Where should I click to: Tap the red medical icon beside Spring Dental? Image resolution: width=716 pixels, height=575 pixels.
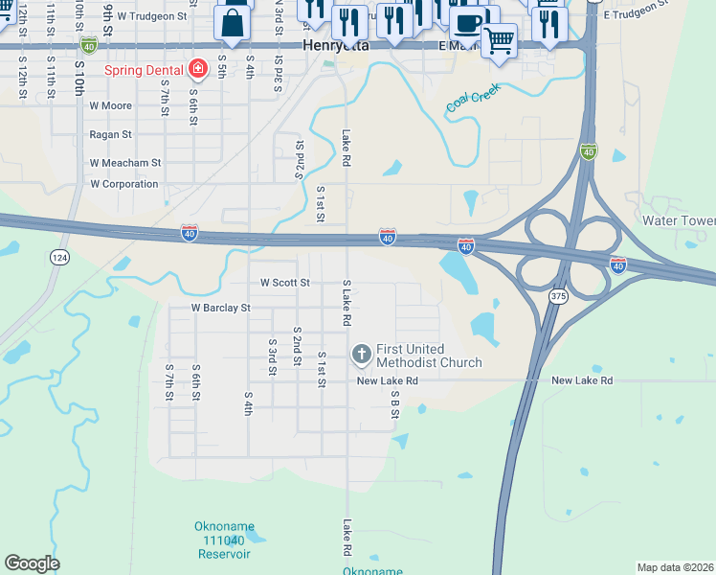pyautogui.click(x=198, y=69)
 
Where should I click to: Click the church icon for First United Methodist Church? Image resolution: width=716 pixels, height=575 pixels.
pyautogui.click(x=362, y=355)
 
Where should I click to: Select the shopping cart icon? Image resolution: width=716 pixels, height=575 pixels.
pyautogui.click(x=498, y=40)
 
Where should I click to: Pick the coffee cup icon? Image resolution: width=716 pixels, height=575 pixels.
pyautogui.click(x=468, y=22)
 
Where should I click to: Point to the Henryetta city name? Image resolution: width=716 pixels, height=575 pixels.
pyautogui.click(x=335, y=45)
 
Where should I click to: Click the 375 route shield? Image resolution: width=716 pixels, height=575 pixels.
pyautogui.click(x=559, y=298)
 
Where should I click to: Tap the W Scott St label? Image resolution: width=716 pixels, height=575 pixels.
pyautogui.click(x=285, y=283)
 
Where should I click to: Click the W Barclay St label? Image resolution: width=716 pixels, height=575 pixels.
pyautogui.click(x=220, y=309)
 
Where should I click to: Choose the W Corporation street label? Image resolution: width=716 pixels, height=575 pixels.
pyautogui.click(x=123, y=184)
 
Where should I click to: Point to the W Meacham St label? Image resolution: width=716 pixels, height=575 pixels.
pyautogui.click(x=124, y=163)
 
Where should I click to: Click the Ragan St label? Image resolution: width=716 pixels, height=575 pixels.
pyautogui.click(x=110, y=135)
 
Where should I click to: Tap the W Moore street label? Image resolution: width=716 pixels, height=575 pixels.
pyautogui.click(x=110, y=106)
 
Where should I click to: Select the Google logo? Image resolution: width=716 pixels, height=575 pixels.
pyautogui.click(x=32, y=563)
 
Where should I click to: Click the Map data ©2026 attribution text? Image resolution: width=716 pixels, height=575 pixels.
pyautogui.click(x=675, y=567)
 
